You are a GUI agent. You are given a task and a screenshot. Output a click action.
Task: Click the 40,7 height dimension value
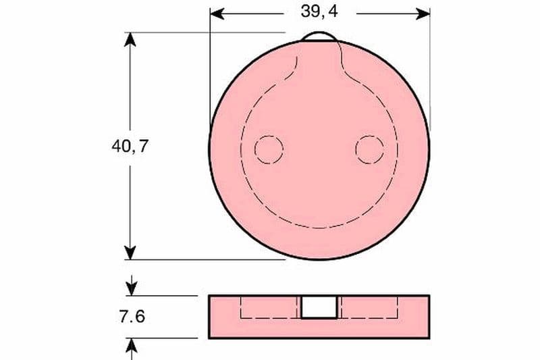[130, 147]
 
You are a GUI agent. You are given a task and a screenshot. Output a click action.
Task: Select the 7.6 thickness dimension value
[131, 316]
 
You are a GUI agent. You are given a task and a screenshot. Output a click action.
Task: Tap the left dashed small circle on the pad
[268, 149]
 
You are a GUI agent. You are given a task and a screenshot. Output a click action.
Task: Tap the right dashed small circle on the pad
[369, 149]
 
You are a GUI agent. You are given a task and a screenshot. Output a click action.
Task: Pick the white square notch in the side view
[319, 307]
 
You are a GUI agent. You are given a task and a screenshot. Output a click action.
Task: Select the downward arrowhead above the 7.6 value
[131, 288]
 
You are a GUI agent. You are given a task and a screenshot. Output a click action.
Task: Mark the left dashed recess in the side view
[270, 307]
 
